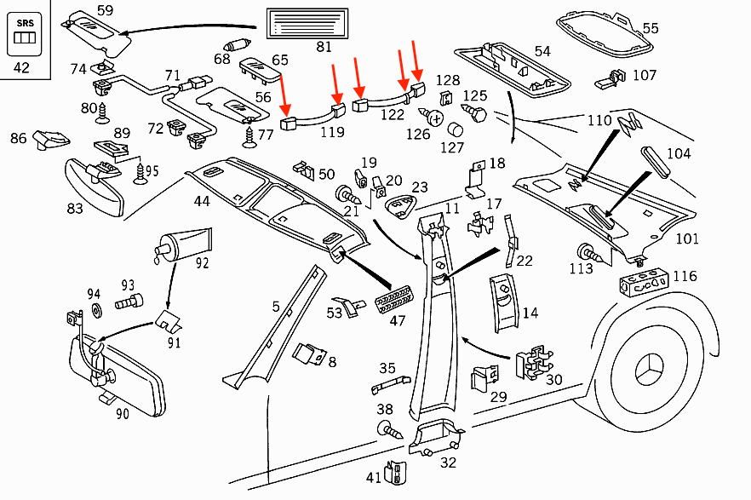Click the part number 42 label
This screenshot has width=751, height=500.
tap(21, 67)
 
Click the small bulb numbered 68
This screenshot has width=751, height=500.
tap(235, 44)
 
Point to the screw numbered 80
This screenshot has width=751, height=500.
tap(106, 110)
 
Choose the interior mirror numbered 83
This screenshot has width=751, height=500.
tap(95, 183)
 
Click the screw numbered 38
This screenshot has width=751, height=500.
tap(387, 428)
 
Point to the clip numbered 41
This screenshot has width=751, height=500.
tap(396, 472)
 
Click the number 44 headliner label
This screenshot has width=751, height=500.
tap(201, 202)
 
